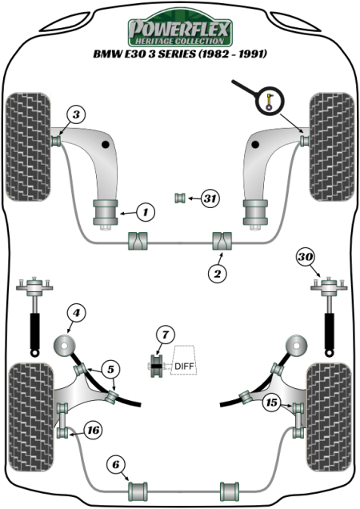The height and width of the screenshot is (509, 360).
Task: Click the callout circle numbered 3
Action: (74, 114)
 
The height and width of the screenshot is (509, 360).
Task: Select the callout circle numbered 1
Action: (145, 212)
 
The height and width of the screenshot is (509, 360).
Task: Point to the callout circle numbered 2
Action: (216, 274)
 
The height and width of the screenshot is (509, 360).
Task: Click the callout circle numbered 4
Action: (74, 313)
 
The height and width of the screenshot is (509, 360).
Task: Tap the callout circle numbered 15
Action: (272, 403)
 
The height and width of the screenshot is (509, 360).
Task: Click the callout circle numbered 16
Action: (93, 431)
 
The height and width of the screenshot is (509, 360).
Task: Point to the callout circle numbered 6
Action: (116, 463)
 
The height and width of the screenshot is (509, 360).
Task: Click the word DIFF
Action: (184, 367)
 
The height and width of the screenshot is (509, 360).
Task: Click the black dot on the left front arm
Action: (106, 145)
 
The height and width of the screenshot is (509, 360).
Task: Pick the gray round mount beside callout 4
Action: (63, 347)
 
